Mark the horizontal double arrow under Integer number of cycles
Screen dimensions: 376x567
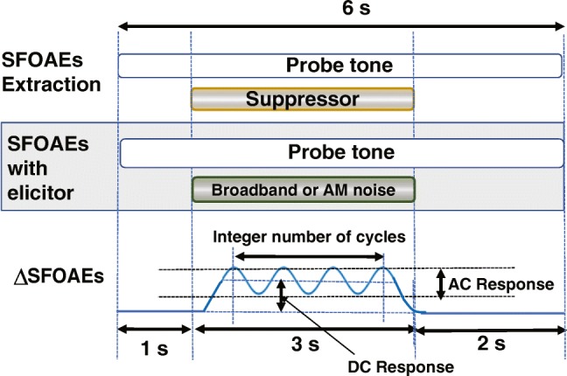coord(308,257)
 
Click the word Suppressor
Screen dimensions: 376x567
coord(302,99)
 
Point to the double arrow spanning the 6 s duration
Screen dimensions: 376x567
coord(341,29)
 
